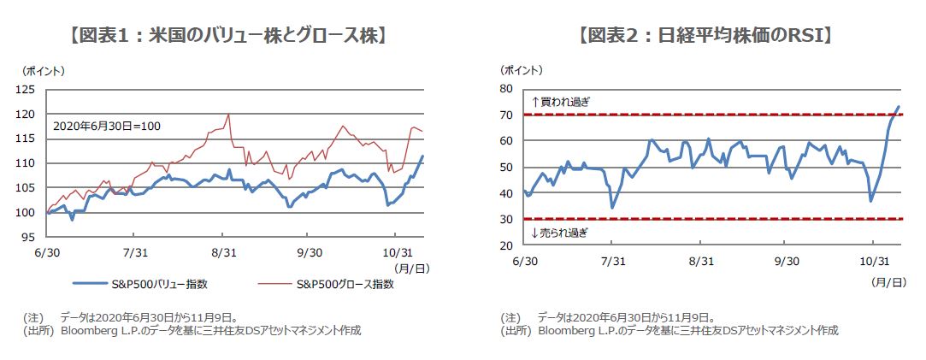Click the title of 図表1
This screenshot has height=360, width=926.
pos(227,36)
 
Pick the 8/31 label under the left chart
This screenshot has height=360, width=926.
pos(221,252)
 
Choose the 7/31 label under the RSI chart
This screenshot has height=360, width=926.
pos(612,261)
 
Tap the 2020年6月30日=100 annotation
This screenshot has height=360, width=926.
pos(107,126)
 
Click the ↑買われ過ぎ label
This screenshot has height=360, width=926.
pos(560,102)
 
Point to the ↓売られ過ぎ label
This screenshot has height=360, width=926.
pos(560,233)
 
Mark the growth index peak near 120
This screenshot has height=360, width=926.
pos(228,115)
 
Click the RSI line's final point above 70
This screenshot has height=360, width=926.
pos(899,107)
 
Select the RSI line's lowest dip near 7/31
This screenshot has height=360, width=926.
pos(612,207)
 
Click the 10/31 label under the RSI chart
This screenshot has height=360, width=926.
pos(874,261)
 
